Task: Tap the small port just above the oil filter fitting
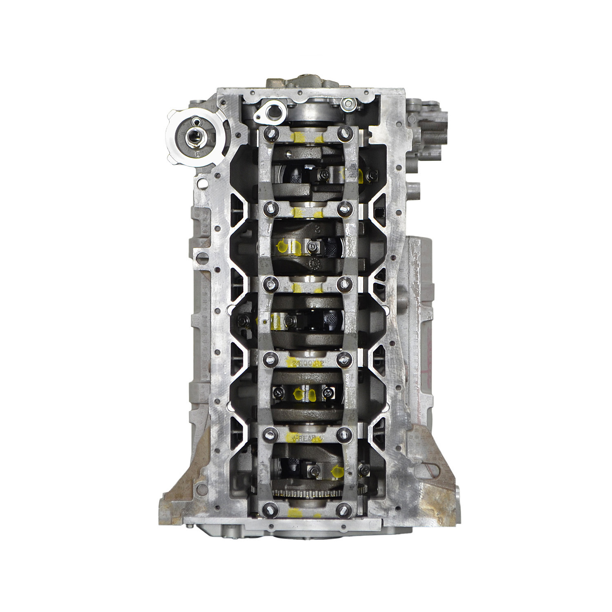[197, 121]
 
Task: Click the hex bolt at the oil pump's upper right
[346, 104]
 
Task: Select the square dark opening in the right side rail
[383, 213]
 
